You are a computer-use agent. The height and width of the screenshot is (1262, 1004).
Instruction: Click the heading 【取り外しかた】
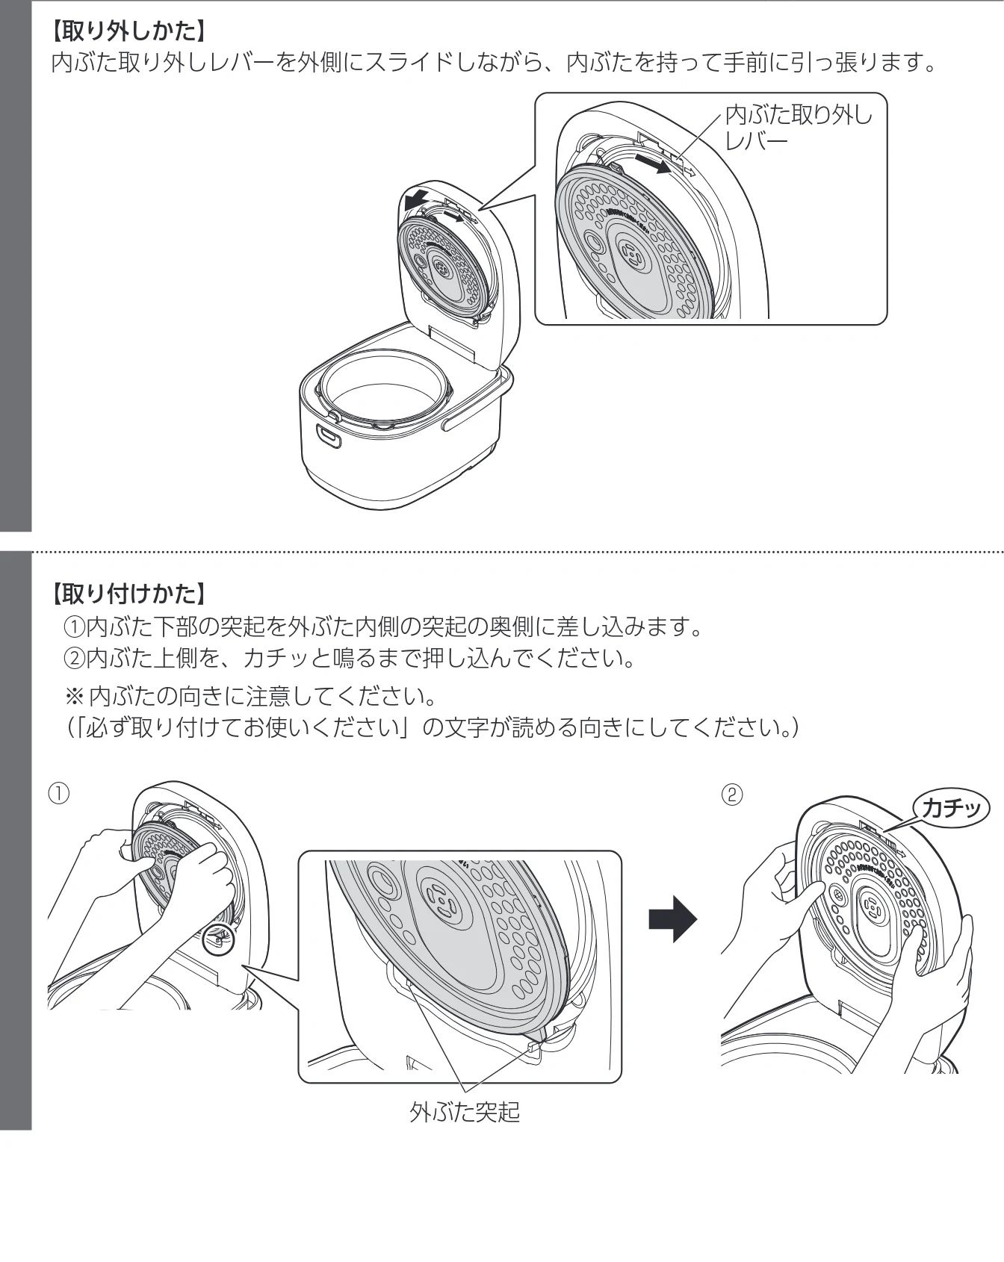[126, 31]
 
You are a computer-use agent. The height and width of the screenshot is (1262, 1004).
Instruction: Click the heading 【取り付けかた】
[126, 594]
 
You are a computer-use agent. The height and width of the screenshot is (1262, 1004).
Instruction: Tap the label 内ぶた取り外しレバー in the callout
[799, 127]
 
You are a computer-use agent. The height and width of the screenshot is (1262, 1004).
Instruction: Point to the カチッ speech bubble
[951, 808]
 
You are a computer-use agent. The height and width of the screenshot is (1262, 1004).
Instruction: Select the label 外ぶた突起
[465, 1112]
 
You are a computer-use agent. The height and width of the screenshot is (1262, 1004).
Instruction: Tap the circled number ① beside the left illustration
[59, 793]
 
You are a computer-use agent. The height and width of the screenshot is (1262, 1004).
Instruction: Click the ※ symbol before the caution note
[75, 696]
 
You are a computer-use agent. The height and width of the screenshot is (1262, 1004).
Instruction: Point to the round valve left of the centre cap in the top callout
[595, 243]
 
